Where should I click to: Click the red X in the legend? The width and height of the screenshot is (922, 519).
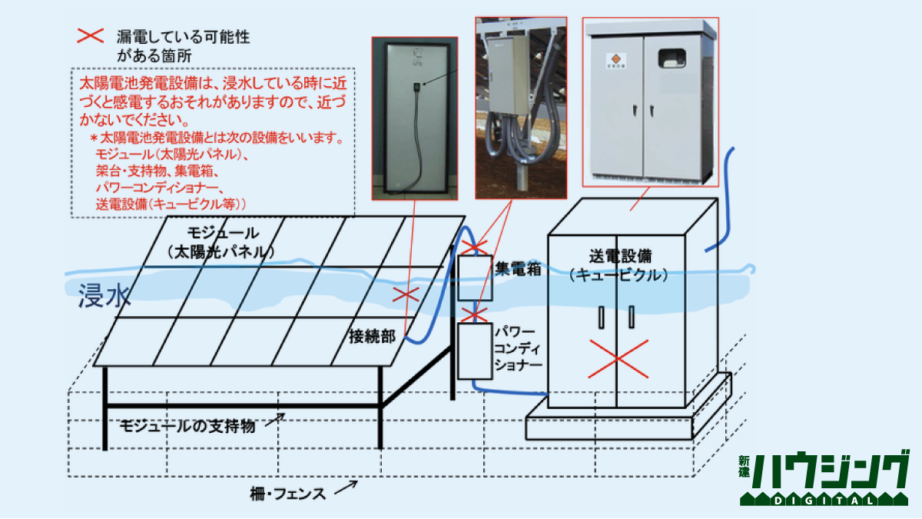(92, 35)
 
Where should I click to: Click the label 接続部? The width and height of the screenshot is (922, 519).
(372, 336)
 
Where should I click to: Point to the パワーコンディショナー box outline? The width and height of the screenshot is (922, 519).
(474, 351)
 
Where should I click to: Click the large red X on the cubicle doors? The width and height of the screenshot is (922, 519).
(617, 358)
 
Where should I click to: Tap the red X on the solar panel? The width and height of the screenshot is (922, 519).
(406, 294)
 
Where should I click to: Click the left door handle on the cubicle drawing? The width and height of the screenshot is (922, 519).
(602, 316)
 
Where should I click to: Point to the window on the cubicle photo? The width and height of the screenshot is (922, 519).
(672, 57)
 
